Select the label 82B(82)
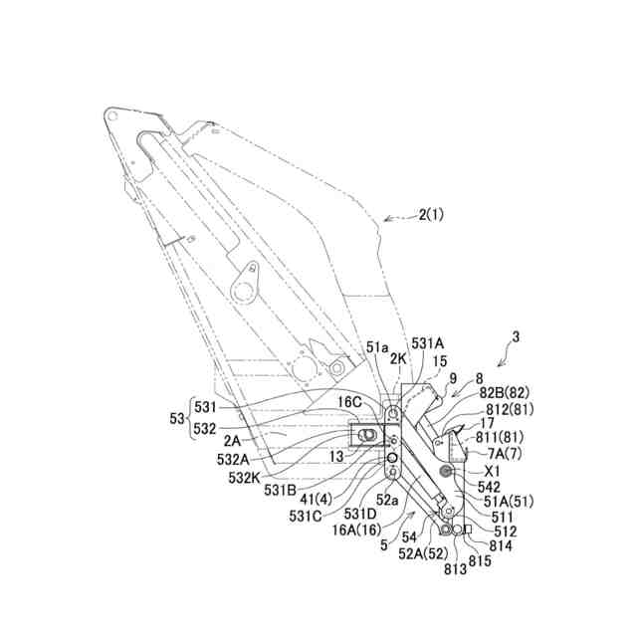tap(503, 393)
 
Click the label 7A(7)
tap(501, 454)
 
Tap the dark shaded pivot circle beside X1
tap(446, 470)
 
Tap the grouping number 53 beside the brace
tap(176, 419)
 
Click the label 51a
tap(377, 347)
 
